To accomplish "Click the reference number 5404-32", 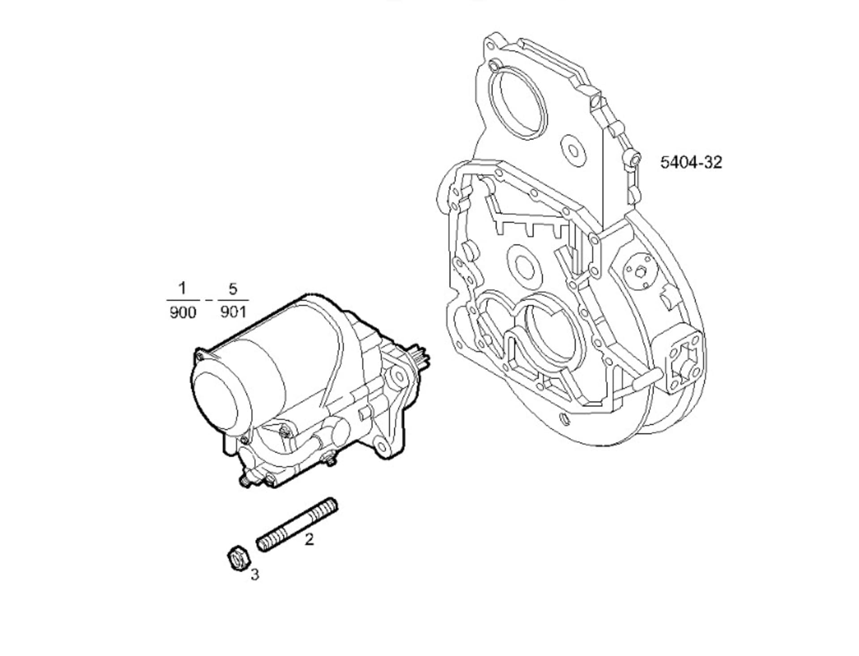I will point(691,162).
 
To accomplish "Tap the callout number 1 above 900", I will point(182,288).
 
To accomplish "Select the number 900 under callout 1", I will point(183,312).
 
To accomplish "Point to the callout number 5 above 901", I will point(233,289).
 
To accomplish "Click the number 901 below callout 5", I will point(233,311).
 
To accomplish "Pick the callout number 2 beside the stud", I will point(309,539).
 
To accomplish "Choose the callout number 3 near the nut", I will point(255,575).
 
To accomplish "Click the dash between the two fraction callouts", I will point(208,300).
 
